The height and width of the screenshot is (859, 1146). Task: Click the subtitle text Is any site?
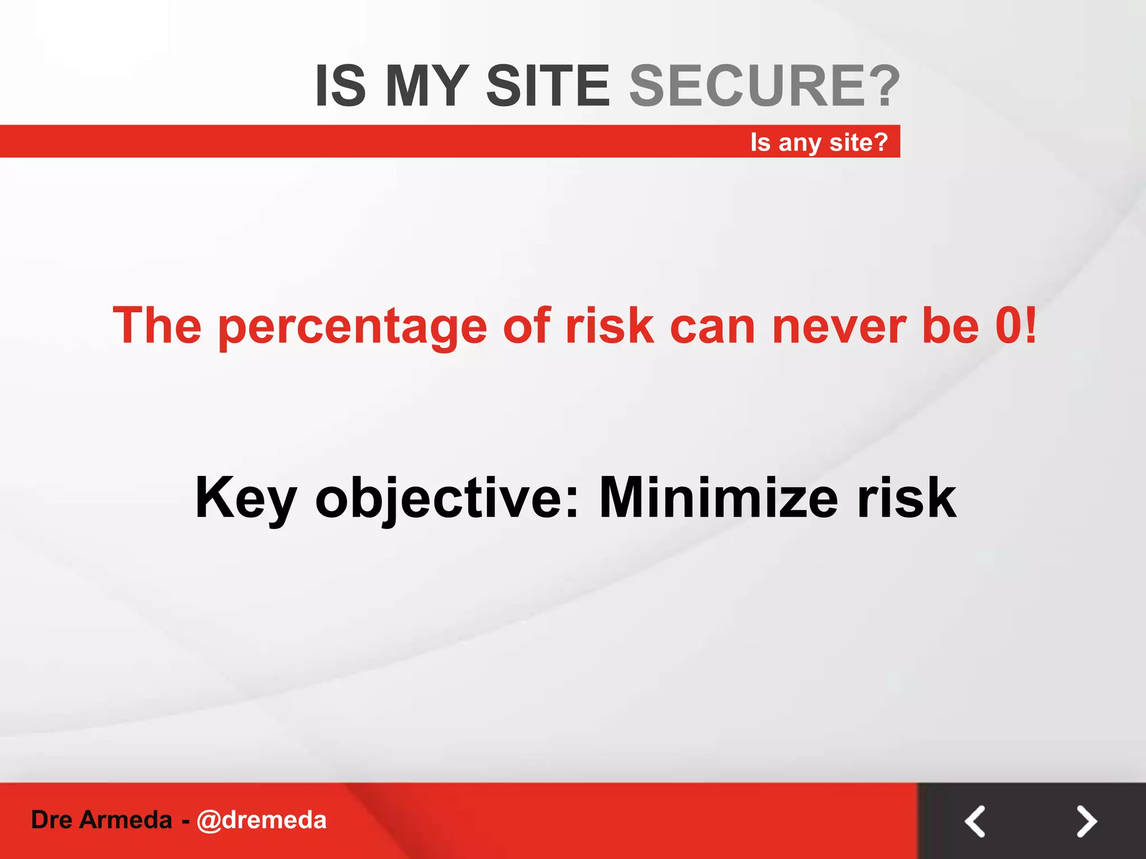coord(819,142)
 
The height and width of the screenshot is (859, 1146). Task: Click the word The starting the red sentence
coord(157,326)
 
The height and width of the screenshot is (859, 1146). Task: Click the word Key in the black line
coord(245,498)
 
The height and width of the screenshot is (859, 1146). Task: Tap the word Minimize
coord(718,498)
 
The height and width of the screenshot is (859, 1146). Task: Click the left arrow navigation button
coord(975,821)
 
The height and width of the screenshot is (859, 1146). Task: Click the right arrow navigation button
coord(1086,821)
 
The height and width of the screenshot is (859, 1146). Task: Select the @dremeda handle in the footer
coord(261,820)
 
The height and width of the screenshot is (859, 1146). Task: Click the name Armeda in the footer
coord(125,820)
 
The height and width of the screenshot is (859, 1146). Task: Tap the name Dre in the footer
coord(51,820)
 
